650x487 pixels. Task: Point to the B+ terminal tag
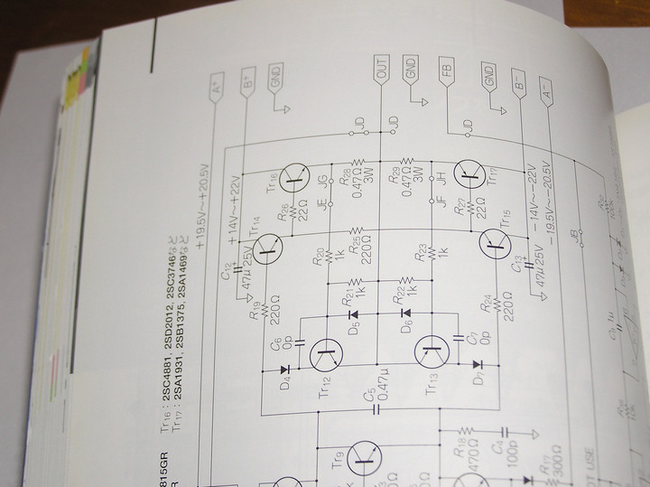(246, 82)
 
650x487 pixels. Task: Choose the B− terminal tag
(517, 84)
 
